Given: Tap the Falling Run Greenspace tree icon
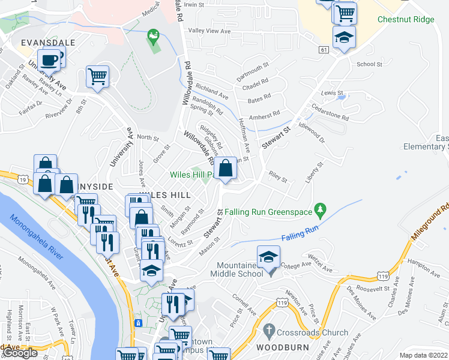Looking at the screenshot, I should click(321, 208).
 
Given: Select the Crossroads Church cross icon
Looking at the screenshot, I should click(270, 331).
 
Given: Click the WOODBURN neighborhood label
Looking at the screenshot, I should click(283, 347).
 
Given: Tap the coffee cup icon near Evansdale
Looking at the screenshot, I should click(51, 59).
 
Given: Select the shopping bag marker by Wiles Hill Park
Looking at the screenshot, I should click(226, 169).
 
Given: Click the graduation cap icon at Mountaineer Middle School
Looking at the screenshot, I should click(268, 257).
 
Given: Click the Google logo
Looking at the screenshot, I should click(20, 353).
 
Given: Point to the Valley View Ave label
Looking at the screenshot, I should click(209, 31).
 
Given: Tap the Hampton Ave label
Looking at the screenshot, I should click(421, 262).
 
